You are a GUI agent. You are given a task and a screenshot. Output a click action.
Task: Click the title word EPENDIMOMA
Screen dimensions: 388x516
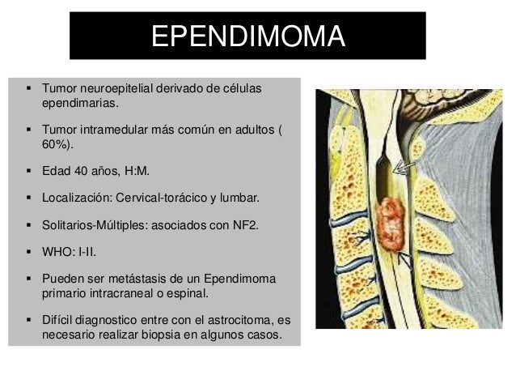click(x=247, y=36)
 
